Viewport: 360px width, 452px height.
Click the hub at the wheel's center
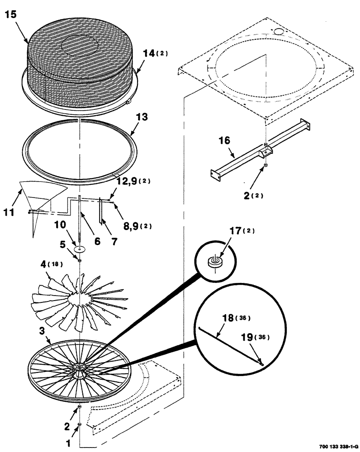point(80,368)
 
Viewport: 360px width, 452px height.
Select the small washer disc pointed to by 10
point(80,249)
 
